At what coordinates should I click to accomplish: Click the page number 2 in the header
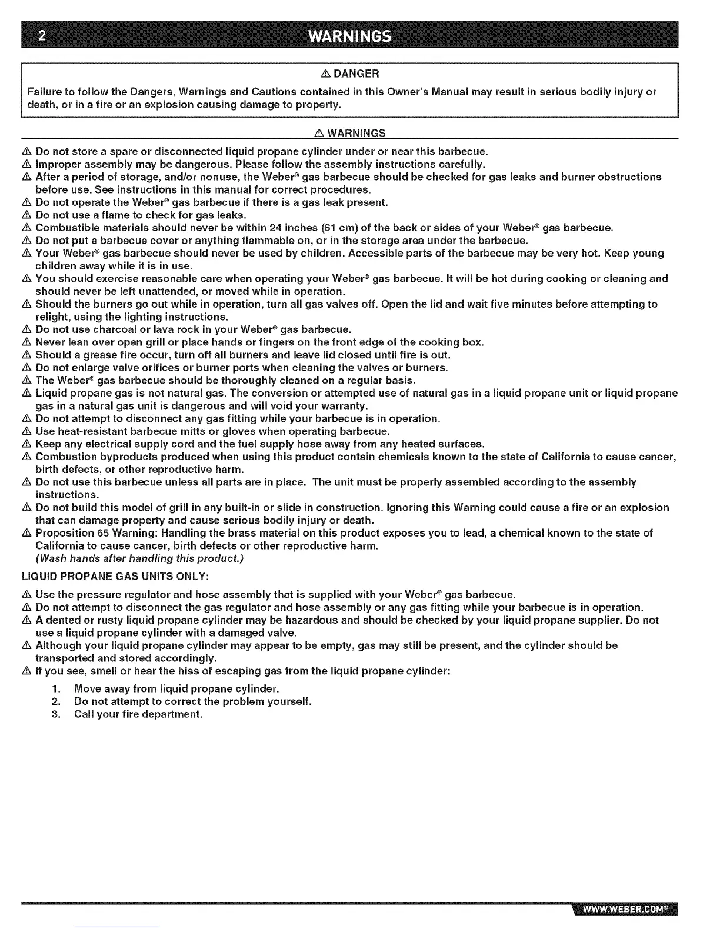(41, 36)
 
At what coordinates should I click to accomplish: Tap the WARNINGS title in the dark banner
(350, 36)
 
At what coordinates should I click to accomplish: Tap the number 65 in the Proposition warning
(104, 533)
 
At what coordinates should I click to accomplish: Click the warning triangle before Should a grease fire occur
(26, 355)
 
